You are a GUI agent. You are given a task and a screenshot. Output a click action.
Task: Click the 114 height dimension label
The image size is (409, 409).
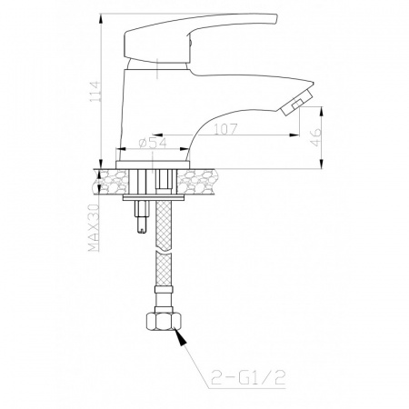95,91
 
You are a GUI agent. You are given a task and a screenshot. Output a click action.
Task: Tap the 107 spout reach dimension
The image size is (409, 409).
225,129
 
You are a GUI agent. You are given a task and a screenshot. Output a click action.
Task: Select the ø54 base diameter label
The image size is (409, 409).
153,143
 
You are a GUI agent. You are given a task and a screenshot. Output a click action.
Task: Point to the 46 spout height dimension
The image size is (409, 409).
316,137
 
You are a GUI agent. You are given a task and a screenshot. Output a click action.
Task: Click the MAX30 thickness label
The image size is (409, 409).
94,228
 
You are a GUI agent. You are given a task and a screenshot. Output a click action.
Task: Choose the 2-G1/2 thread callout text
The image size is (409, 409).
248,377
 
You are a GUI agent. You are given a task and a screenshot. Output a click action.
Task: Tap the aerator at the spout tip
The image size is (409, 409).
295,103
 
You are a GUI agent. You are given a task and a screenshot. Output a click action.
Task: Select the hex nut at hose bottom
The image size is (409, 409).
164,322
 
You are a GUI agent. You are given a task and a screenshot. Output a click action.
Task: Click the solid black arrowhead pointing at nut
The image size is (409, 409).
181,337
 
